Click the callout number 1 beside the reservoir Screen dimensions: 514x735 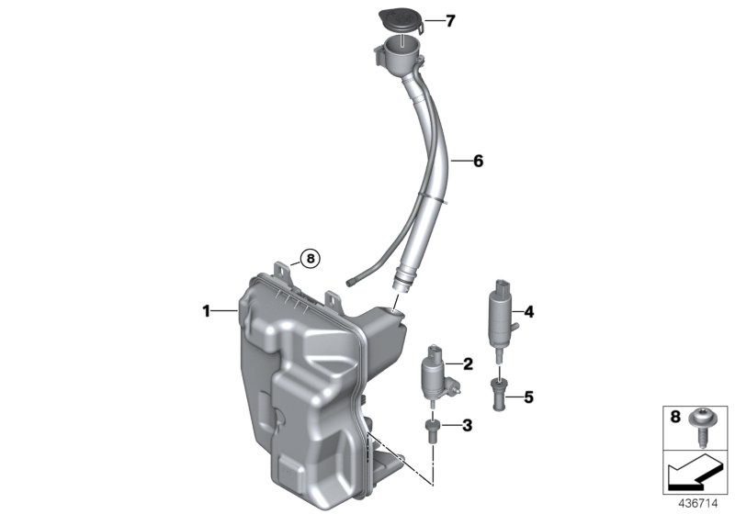coord(207,311)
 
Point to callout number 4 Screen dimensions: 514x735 coord(528,311)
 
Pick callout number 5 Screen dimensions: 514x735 coord(528,397)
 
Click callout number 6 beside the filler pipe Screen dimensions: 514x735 coord(478,161)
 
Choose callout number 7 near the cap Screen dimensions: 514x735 coord(450,21)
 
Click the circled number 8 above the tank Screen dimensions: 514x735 coord(311,259)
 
